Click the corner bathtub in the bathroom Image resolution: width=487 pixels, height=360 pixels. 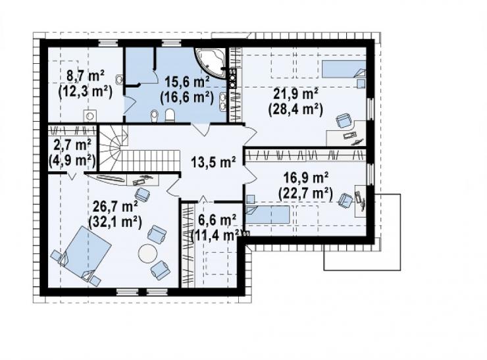[x=211, y=62]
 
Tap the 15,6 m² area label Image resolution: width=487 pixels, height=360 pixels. [x=187, y=82]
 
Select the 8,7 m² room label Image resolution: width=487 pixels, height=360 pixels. [x=86, y=76]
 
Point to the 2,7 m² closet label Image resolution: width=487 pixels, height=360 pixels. [x=72, y=145]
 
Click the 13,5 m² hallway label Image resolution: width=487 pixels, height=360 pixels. [x=213, y=162]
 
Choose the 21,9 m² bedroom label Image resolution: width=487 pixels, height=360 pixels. [x=295, y=94]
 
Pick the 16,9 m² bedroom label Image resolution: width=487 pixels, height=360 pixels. [x=306, y=178]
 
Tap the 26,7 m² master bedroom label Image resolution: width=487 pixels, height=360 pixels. [x=116, y=206]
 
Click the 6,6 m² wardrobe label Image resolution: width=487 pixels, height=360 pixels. [x=217, y=220]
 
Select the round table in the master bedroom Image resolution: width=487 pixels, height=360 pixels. [x=147, y=253]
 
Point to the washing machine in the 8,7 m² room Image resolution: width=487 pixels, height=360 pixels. [x=90, y=116]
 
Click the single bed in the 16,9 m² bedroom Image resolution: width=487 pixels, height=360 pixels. [x=268, y=215]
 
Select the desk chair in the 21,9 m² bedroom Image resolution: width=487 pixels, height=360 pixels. [x=343, y=120]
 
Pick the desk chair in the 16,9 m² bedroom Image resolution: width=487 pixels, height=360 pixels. [x=346, y=199]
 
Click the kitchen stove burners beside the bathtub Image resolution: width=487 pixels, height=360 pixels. [x=232, y=78]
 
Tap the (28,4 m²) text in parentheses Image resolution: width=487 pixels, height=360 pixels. [x=295, y=109]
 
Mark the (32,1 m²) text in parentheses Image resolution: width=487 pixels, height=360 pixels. [x=116, y=222]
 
